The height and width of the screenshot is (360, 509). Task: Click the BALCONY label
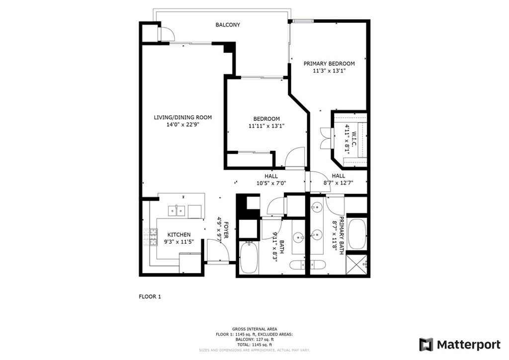pos(228,25)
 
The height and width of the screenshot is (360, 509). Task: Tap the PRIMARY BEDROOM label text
pos(329,64)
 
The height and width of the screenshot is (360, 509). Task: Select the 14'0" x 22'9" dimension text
pos(182,124)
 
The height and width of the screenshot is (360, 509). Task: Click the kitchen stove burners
pos(150,237)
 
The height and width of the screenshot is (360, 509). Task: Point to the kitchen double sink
pos(176,211)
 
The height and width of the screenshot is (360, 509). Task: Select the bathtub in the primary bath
pos(356,234)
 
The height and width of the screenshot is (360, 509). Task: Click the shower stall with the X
pos(357,265)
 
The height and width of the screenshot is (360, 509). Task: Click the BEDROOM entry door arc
pos(295,158)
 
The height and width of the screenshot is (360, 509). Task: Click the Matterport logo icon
pos(426,345)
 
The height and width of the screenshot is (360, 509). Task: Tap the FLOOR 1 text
pos(150,296)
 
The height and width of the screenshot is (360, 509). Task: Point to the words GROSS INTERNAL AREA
pos(254,329)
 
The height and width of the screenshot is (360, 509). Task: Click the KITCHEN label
pos(179,235)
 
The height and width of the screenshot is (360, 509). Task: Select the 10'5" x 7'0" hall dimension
pos(271,183)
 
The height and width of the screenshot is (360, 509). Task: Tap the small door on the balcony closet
pos(166,33)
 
